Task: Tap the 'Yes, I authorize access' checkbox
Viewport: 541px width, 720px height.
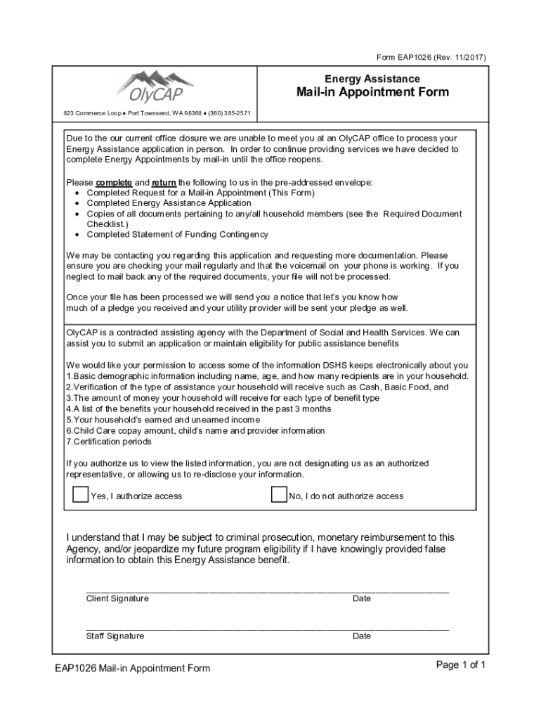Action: (81, 494)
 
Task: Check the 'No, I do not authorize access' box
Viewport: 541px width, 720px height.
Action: (279, 494)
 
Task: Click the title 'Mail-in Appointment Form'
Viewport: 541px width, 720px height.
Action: (372, 92)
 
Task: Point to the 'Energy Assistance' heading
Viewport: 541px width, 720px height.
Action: (372, 78)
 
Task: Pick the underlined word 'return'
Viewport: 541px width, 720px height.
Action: (164, 182)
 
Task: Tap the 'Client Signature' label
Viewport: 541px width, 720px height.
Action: (117, 598)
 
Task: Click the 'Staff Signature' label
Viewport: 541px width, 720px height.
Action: (115, 636)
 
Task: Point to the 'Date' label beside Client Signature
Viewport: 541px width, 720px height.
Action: (362, 598)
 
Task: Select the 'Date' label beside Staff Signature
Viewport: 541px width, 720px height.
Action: (362, 636)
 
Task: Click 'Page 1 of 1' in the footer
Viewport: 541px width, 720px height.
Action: (461, 664)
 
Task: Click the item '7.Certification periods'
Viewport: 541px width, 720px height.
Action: (109, 442)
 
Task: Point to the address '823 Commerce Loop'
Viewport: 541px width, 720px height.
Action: (92, 113)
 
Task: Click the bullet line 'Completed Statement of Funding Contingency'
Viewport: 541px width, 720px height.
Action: (177, 234)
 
